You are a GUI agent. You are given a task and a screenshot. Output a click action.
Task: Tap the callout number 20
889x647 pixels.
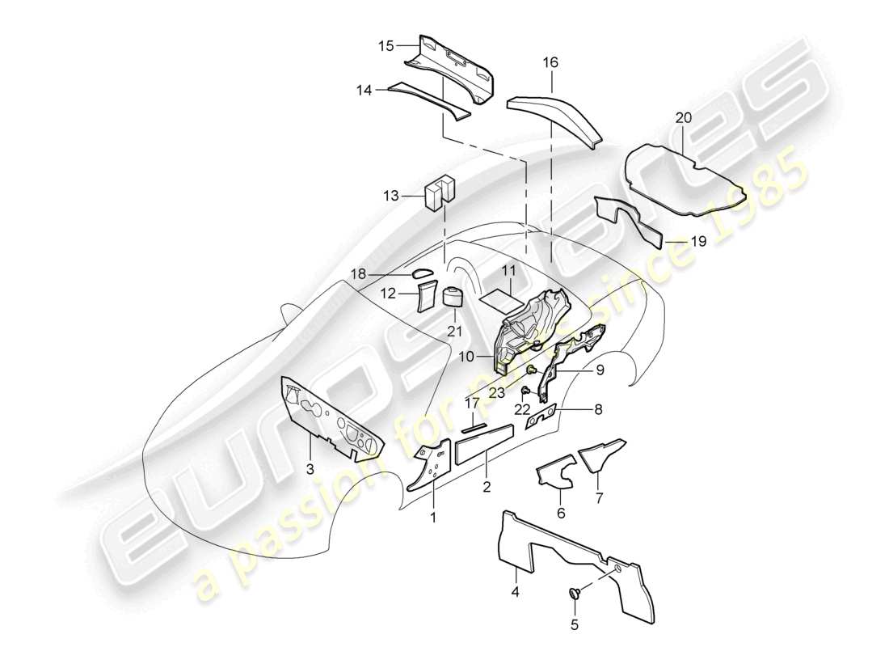pos(684,118)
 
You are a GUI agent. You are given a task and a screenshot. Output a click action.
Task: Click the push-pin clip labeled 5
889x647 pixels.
pos(576,595)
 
